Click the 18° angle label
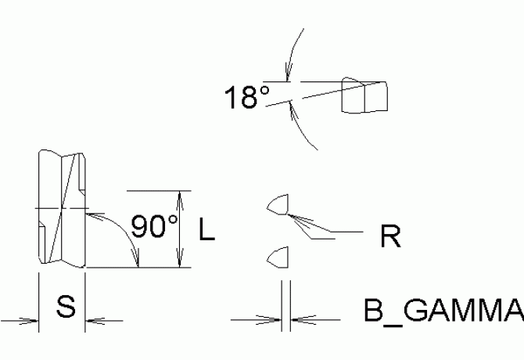coord(246,99)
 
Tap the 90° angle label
coord(154,227)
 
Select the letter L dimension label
coord(206,229)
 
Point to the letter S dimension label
coord(66,307)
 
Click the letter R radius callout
coord(391,236)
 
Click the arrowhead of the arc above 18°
coord(289,75)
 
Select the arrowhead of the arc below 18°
coord(291,109)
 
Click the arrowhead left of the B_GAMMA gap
coord(275,319)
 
